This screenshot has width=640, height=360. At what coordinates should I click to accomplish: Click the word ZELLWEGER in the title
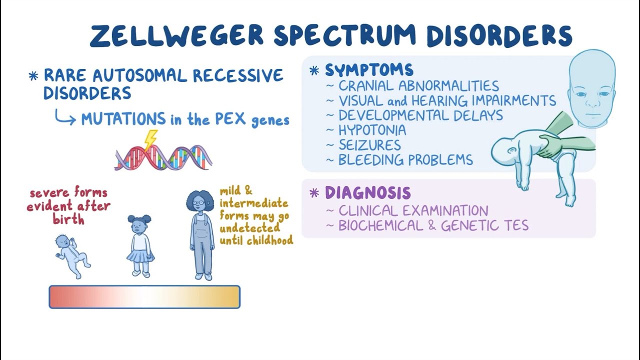click(x=176, y=36)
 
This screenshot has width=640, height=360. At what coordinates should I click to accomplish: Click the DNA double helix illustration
click(x=164, y=157)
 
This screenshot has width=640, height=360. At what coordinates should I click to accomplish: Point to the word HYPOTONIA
click(x=372, y=130)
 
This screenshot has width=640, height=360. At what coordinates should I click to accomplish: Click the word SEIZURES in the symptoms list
click(x=369, y=145)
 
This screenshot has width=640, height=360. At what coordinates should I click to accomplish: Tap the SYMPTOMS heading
click(x=369, y=70)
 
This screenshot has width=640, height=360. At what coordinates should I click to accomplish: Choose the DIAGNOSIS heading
click(x=367, y=193)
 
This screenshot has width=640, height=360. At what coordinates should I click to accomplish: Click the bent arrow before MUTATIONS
click(x=65, y=118)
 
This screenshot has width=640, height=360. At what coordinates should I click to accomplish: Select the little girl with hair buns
click(x=139, y=245)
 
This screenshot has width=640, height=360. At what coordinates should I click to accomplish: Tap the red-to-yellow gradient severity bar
click(x=144, y=297)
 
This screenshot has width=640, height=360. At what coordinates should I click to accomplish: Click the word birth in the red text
click(x=68, y=219)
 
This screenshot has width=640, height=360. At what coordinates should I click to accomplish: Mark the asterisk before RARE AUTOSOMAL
click(x=33, y=76)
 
